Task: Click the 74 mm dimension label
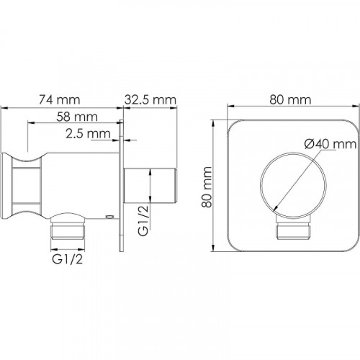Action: pyautogui.click(x=60, y=99)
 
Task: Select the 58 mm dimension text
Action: pyautogui.click(x=77, y=117)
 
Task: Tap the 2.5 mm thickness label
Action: pyautogui.click(x=88, y=134)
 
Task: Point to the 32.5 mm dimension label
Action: pyautogui.click(x=150, y=99)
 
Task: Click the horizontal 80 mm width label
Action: pyautogui.click(x=290, y=99)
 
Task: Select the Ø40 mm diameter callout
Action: pyautogui.click(x=330, y=144)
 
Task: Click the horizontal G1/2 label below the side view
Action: pyautogui.click(x=68, y=259)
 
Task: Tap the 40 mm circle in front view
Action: pyautogui.click(x=261, y=185)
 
